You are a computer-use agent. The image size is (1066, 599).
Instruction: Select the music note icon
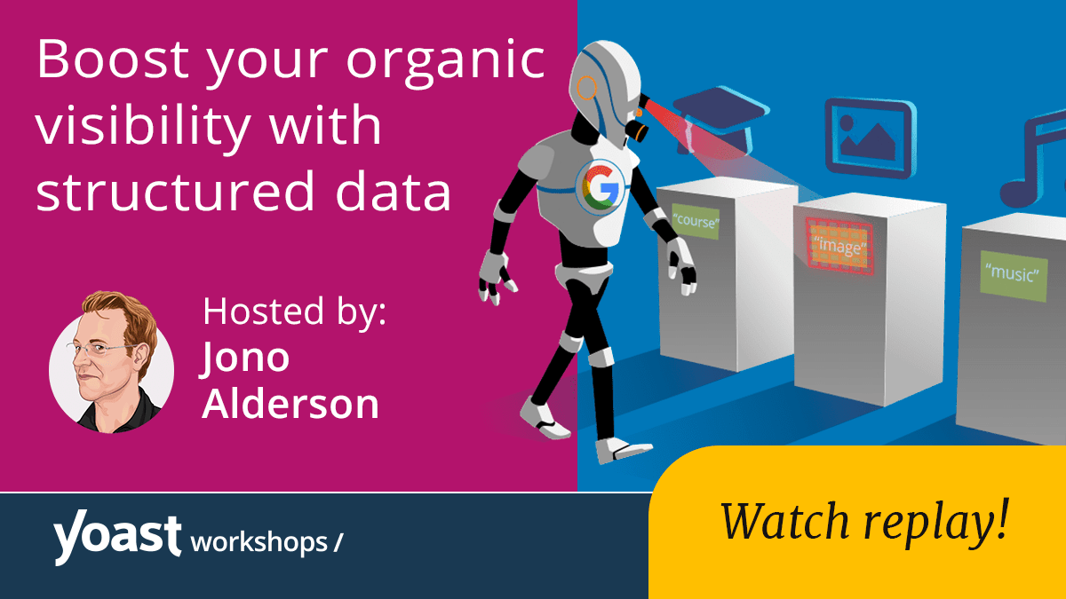[1035, 160]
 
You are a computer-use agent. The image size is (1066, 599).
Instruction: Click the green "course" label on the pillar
[695, 221]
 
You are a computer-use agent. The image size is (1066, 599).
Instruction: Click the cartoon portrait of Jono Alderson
[111, 360]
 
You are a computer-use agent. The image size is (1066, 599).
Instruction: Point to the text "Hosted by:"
[294, 312]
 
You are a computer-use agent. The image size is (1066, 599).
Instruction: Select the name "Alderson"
[290, 404]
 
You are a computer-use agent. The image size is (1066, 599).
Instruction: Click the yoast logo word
[116, 539]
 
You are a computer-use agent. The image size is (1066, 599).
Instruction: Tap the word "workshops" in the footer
[259, 541]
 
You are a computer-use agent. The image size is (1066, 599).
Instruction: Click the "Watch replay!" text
[863, 522]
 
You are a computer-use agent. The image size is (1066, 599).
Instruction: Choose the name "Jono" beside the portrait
[245, 357]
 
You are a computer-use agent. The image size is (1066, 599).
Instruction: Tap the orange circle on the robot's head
[587, 87]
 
